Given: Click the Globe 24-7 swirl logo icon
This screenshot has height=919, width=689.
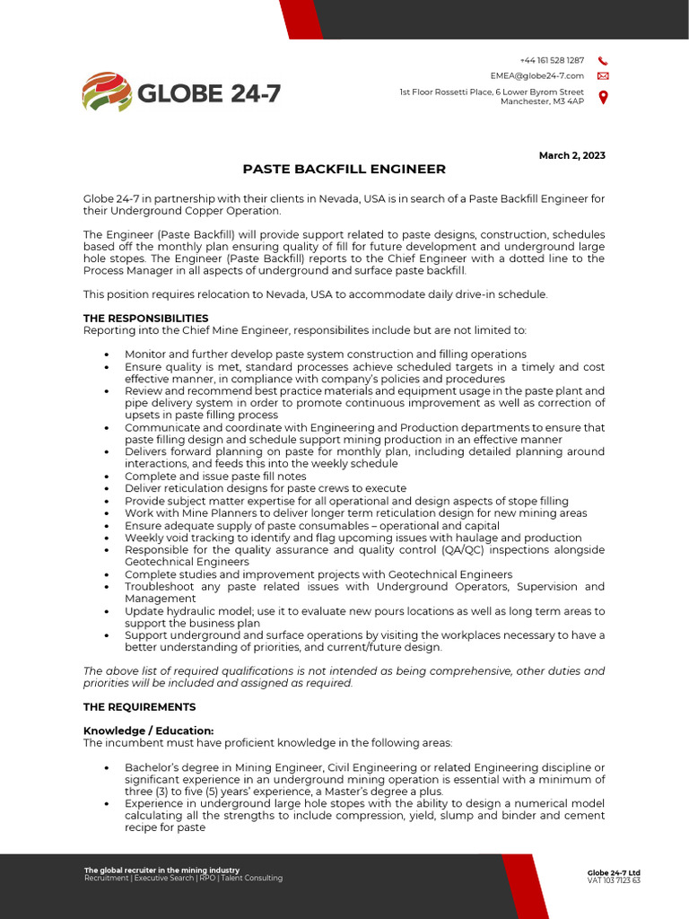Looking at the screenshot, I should click(107, 91).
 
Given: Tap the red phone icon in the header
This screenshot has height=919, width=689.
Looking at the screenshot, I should click(603, 60).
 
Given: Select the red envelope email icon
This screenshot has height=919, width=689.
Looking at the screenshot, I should click(603, 76).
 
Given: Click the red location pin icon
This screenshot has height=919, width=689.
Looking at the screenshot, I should click(603, 97).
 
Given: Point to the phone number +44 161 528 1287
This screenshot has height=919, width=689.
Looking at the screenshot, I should click(552, 60).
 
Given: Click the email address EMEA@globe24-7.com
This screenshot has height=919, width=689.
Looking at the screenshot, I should click(536, 76).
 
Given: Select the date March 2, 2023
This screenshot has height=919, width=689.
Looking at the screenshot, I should click(571, 155).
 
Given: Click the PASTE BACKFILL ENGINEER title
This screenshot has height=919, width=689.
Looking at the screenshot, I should click(344, 170).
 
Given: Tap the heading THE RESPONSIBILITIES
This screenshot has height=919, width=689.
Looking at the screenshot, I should click(145, 318).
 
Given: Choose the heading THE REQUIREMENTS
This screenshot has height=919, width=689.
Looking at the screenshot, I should click(139, 707).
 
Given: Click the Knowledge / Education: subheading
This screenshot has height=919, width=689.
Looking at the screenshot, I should click(148, 731).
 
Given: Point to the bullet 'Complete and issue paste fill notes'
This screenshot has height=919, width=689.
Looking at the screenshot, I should click(215, 477).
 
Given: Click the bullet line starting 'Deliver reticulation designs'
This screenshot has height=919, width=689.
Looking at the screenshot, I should click(266, 488).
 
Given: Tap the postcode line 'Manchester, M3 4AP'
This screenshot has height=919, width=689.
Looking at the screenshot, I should click(542, 101).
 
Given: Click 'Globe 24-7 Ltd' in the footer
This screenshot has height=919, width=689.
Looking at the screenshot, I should click(614, 872).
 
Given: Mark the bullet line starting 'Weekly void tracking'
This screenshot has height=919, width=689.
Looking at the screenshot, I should click(340, 538).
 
